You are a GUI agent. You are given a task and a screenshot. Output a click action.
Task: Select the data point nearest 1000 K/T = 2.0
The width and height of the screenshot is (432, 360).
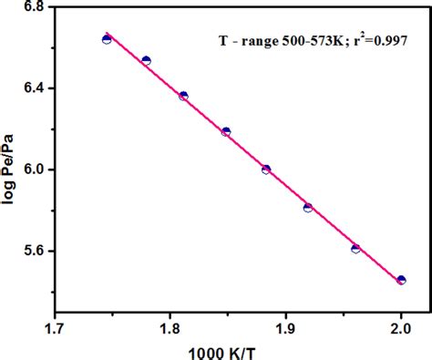(x=401, y=280)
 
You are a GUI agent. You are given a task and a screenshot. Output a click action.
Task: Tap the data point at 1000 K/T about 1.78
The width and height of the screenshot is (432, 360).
(x=146, y=61)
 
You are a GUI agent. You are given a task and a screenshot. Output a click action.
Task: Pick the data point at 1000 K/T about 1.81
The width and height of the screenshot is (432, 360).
(x=183, y=96)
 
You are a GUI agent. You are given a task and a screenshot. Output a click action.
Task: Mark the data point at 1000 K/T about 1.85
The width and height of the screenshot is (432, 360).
(x=226, y=132)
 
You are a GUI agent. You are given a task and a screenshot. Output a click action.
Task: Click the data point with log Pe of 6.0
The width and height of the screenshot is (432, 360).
(x=266, y=169)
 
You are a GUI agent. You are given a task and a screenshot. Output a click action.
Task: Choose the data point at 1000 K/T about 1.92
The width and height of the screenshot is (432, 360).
(x=308, y=208)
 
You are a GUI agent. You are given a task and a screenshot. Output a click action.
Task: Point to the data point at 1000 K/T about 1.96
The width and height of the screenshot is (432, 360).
(x=355, y=248)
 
